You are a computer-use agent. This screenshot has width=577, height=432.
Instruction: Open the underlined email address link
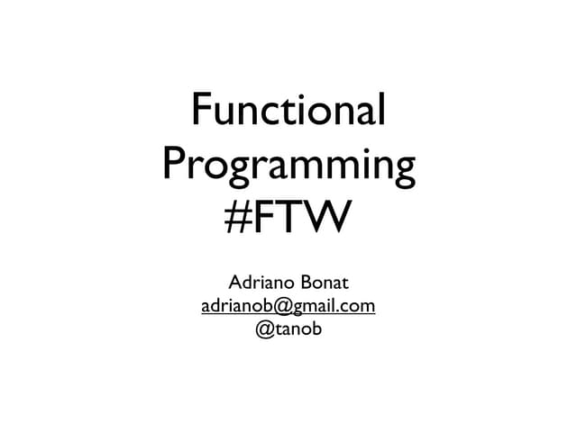pos(288,306)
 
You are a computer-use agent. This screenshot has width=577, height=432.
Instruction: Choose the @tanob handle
pos(288,330)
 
